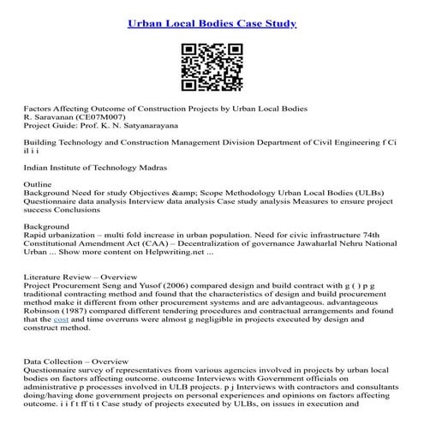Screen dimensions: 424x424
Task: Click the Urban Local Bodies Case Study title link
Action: click(212, 22)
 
